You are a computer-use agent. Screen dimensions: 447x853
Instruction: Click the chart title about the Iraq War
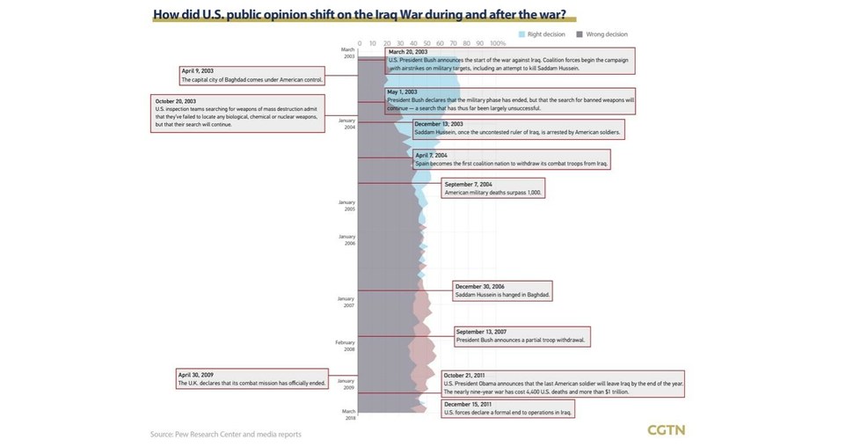coord(359,15)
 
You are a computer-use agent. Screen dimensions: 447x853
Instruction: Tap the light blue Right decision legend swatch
coord(521,34)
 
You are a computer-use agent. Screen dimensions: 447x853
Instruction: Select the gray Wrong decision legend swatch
coord(580,34)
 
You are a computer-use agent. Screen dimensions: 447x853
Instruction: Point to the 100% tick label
coord(497,43)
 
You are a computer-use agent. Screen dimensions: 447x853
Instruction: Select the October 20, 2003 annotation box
coord(237,114)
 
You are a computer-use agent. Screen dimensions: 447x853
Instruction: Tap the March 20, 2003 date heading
coord(408,52)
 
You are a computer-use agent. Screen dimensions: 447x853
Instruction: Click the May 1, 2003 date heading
coord(403,92)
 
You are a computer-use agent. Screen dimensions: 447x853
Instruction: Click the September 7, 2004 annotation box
coord(493,188)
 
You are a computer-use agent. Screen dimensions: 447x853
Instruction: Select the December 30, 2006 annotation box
coord(502,291)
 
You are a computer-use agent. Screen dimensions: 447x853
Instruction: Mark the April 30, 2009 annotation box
coord(252,379)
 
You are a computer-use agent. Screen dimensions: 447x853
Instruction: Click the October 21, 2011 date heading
coord(464,376)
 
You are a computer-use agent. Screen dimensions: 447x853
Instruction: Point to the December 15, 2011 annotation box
coord(508,408)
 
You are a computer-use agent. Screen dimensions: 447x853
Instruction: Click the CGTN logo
coord(666,430)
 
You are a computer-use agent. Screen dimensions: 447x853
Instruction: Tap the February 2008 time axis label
coord(346,346)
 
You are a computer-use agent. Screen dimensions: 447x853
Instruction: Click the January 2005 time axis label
coord(346,206)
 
